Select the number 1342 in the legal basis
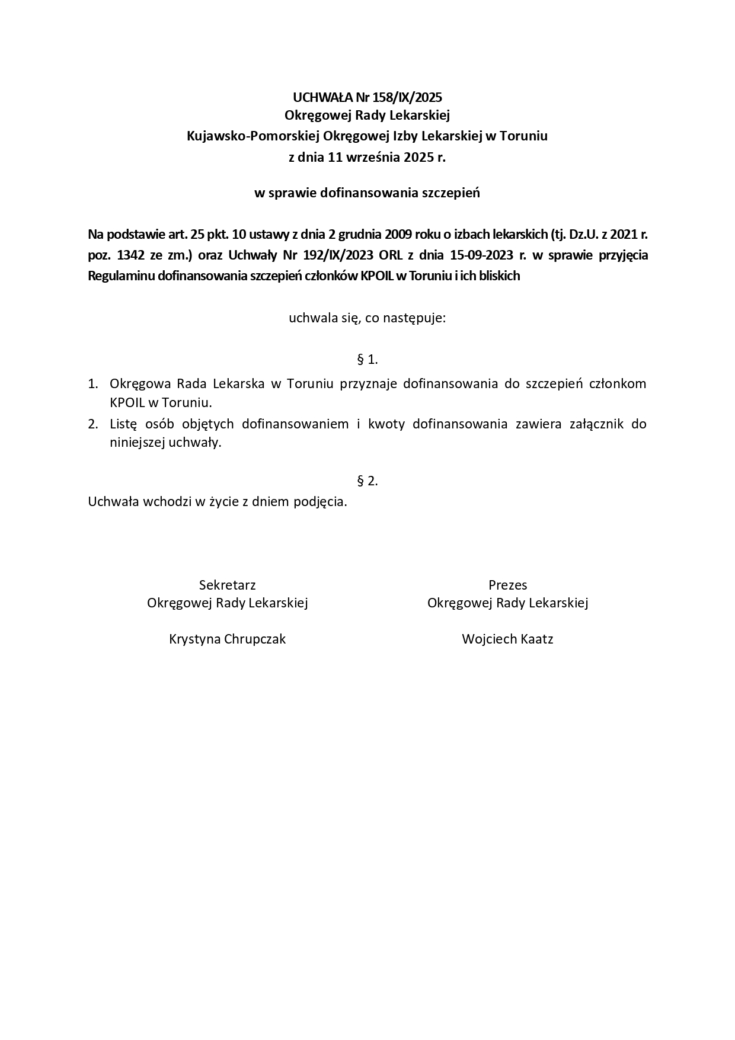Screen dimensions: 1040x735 click(131, 255)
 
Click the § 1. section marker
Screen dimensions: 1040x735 click(367, 359)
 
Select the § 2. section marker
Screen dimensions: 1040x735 click(367, 481)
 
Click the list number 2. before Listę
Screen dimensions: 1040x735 click(93, 424)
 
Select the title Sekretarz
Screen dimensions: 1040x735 click(228, 585)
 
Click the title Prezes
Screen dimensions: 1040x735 click(508, 585)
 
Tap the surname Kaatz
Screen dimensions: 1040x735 click(537, 639)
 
